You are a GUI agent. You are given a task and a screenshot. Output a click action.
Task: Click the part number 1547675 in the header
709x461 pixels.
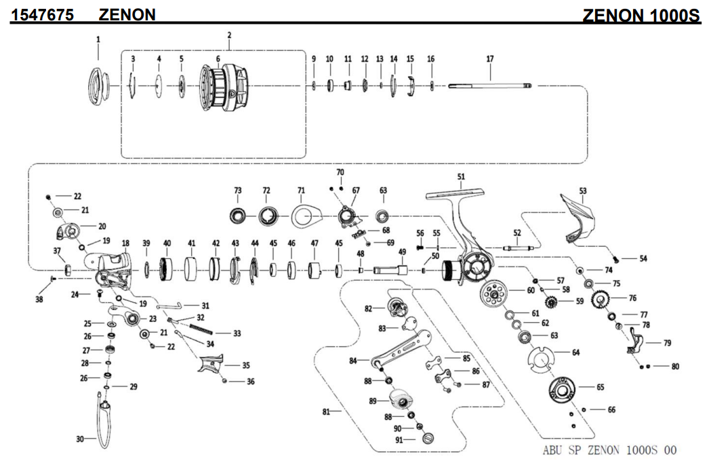(42, 14)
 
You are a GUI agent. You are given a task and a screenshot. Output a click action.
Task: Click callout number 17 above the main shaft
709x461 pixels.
(489, 59)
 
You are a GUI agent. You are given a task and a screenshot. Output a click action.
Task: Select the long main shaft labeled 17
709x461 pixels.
(489, 85)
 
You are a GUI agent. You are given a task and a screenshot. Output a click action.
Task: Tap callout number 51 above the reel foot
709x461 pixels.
(461, 177)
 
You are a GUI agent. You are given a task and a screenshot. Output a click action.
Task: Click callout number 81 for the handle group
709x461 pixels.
(326, 411)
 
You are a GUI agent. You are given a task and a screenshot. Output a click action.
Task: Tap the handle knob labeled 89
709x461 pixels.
(404, 399)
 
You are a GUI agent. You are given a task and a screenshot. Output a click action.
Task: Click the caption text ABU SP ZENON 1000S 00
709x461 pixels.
(609, 450)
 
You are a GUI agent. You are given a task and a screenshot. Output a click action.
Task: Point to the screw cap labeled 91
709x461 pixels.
(427, 440)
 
